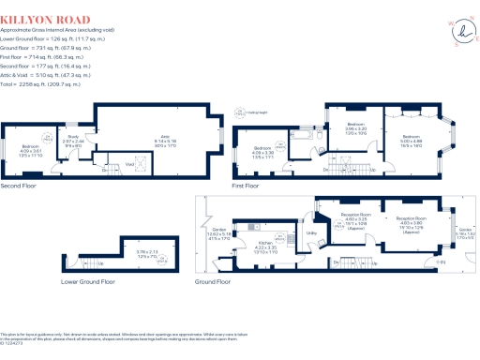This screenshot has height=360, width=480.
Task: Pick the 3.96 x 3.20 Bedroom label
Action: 356,128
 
